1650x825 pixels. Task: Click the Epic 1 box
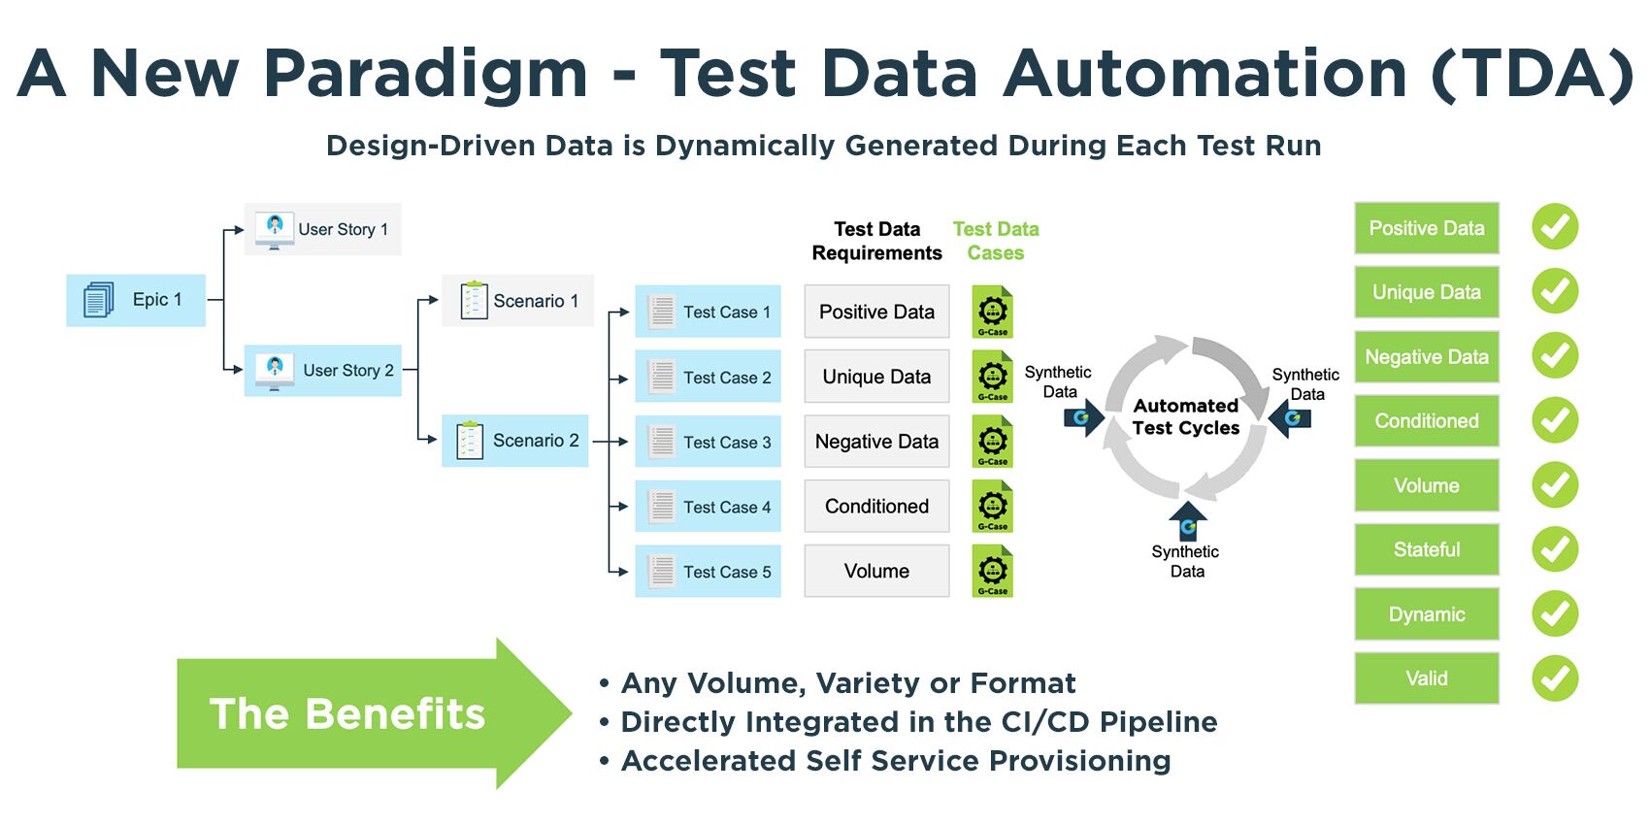point(136,300)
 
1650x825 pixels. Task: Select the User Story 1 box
point(323,229)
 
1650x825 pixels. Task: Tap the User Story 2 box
point(323,370)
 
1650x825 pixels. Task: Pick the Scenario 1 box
point(517,301)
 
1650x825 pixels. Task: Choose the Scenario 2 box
point(515,441)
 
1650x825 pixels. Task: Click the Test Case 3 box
point(708,442)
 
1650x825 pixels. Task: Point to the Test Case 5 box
point(708,572)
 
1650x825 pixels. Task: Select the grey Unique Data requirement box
point(876,377)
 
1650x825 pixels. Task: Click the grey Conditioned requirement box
point(876,507)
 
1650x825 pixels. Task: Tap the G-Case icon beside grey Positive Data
point(992,313)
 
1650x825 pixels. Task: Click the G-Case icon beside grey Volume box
point(992,572)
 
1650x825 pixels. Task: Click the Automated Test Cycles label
point(1185,416)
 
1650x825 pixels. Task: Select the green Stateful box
point(1426,549)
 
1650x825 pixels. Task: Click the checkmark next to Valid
point(1555,678)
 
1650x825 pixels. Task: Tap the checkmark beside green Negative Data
point(1555,356)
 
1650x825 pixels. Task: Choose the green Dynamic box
point(1426,614)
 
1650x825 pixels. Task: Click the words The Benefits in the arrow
point(346,714)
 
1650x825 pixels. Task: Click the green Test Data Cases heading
point(996,241)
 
